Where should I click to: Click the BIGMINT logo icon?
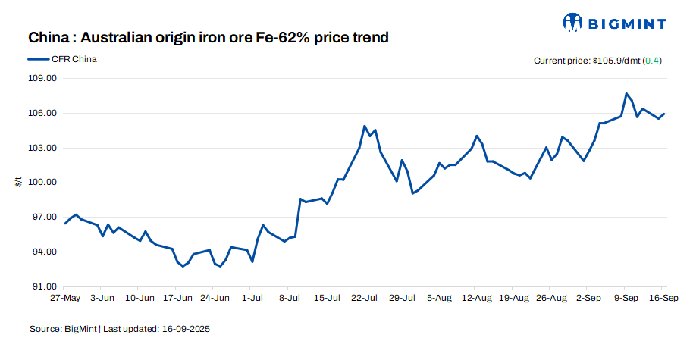[574, 22]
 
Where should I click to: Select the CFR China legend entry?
[74, 58]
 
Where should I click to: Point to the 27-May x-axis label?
[65, 299]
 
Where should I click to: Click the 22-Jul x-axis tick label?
[364, 299]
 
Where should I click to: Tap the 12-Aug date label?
[476, 299]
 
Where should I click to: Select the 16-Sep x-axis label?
[664, 299]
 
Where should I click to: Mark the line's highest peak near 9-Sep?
[626, 93]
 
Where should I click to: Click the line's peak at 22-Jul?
[365, 126]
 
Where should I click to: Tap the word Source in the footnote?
[45, 330]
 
